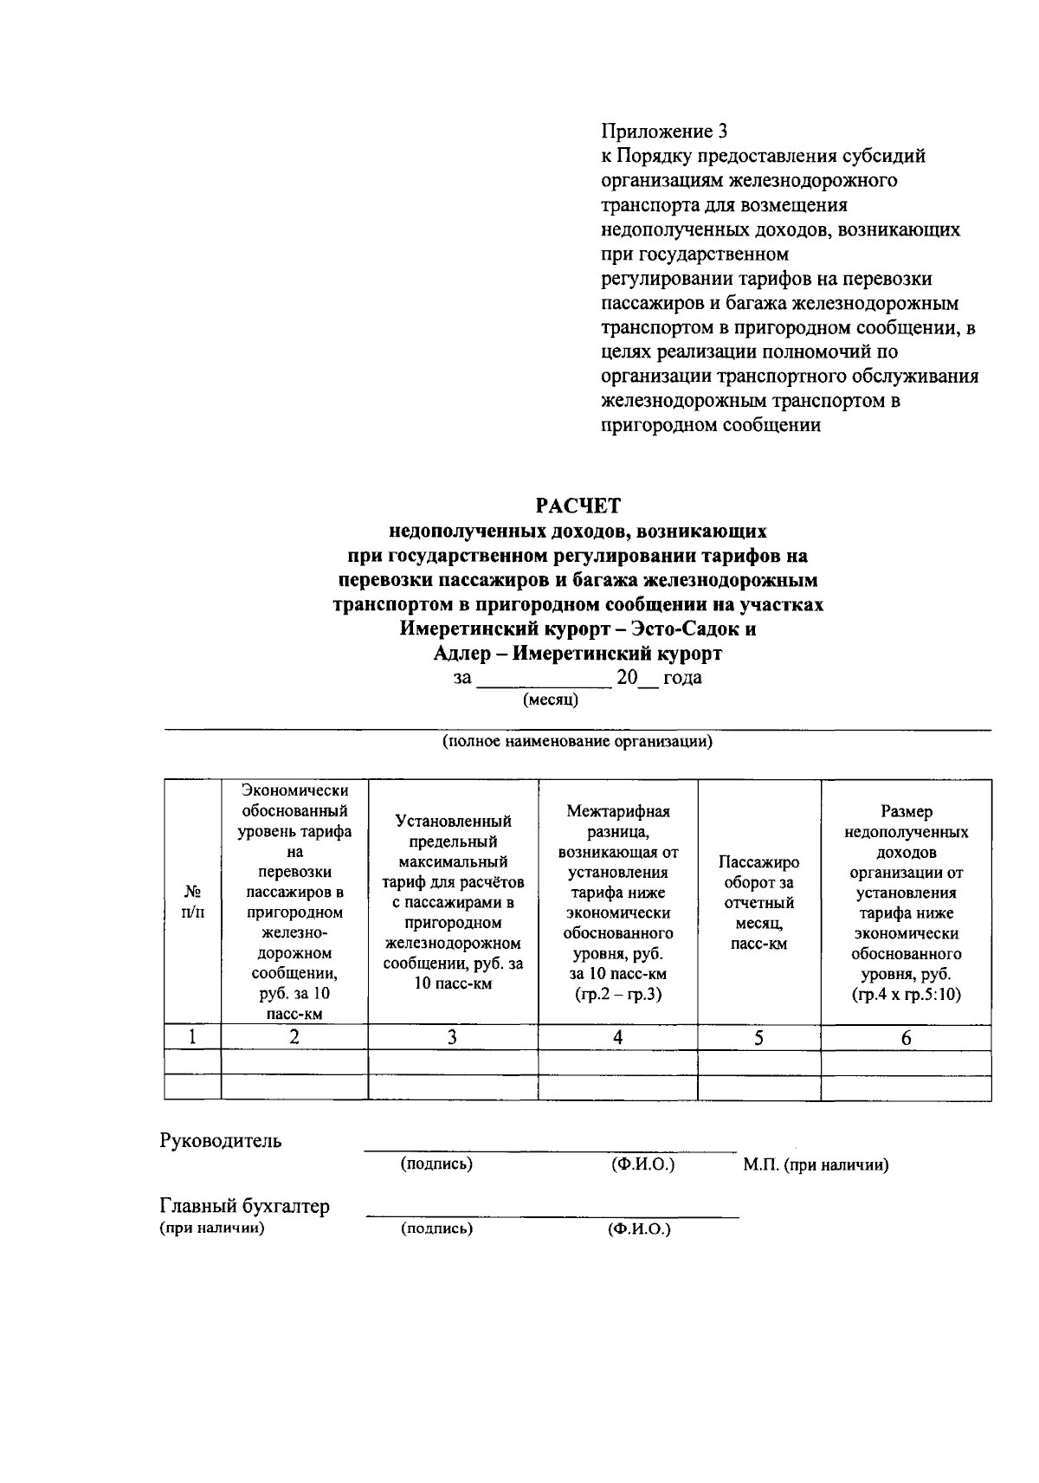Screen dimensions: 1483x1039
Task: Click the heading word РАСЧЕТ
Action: coord(578,505)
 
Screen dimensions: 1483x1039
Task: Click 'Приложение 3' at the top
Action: coord(664,132)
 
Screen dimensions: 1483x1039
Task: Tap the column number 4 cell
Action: coord(617,1037)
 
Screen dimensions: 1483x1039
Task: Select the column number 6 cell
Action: coord(906,1037)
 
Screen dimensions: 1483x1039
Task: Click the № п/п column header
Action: coord(192,901)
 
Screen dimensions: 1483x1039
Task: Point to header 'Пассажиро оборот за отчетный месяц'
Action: coord(758,903)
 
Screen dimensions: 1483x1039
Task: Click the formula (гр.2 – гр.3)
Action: coord(617,994)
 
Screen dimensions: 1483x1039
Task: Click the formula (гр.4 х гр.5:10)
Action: coord(906,994)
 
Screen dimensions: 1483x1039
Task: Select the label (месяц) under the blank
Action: coord(551,700)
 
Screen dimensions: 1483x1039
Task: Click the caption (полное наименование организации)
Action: coord(578,742)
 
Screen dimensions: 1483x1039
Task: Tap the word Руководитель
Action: coord(221,1140)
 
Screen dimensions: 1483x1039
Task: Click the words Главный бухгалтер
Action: coord(244,1206)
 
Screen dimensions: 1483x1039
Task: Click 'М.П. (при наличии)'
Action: coord(816,1165)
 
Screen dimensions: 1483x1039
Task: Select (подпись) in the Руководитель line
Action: coord(436,1164)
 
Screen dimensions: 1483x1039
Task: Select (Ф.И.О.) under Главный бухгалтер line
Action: coord(639,1228)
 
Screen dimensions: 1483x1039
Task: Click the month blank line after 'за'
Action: coord(545,680)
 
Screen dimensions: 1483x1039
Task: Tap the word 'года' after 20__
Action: coord(682,678)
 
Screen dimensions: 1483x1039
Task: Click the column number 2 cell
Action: coord(294,1037)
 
